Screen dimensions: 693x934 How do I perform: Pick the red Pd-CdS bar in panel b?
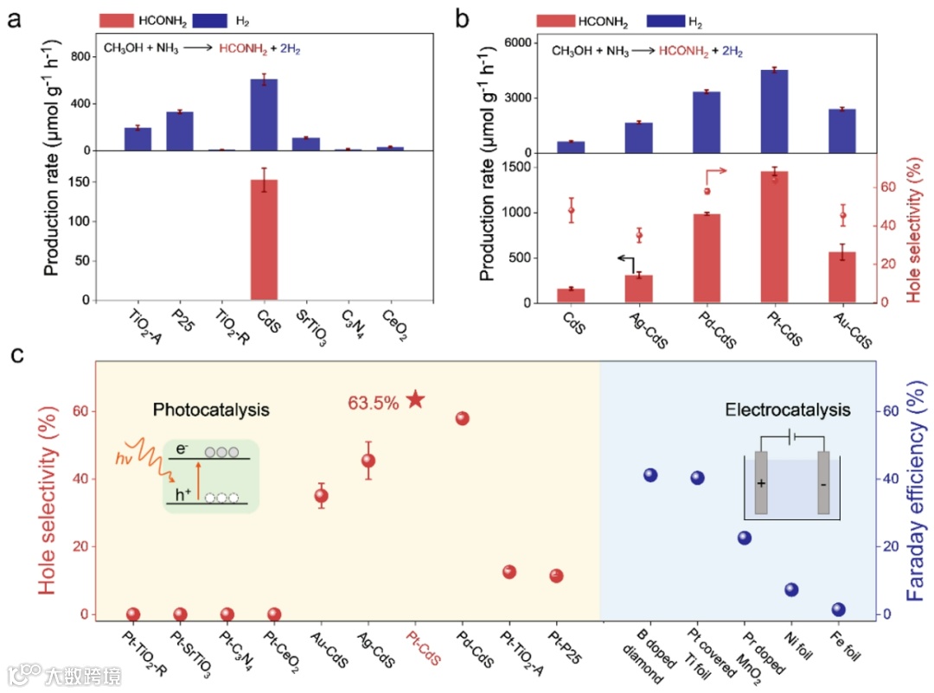(707, 257)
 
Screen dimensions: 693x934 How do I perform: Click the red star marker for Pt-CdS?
(415, 399)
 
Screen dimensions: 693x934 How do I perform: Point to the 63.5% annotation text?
(373, 402)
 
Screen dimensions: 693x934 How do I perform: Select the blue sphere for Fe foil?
(837, 609)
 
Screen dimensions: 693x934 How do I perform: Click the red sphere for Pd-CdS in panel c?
(462, 418)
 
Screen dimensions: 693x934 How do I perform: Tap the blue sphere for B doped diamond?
(650, 474)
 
